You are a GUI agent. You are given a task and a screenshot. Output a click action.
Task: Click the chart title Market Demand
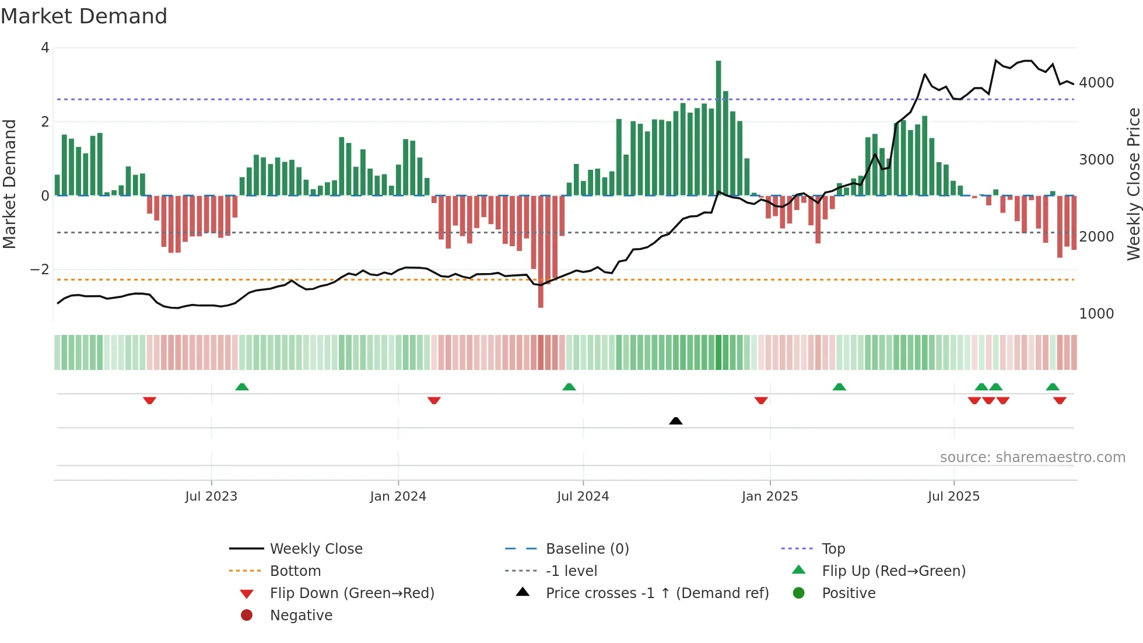[84, 16]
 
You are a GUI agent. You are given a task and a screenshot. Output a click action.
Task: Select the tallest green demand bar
[718, 128]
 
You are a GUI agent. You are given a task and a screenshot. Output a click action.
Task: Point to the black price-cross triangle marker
[675, 421]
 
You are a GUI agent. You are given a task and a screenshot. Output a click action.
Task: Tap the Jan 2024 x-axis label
[398, 497]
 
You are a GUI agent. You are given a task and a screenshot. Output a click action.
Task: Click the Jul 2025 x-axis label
[953, 497]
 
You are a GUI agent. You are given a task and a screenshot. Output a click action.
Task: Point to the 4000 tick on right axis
[1096, 83]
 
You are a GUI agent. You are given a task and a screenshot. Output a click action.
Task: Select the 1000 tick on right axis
[1096, 314]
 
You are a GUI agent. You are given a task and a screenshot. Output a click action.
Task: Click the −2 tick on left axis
[40, 270]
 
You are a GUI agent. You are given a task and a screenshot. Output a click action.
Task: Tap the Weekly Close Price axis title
[1133, 184]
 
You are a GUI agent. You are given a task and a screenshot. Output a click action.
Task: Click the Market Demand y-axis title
[9, 184]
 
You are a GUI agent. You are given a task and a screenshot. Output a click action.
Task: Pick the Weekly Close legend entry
[315, 549]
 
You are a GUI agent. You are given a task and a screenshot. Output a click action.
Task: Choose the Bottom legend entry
[295, 571]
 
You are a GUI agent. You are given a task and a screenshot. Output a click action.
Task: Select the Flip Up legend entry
[893, 571]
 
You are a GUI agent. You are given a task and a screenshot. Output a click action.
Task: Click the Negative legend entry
[301, 616]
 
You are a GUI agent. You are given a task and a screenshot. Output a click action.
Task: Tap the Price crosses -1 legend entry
[657, 593]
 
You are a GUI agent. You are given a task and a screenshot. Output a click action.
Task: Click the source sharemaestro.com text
[1032, 457]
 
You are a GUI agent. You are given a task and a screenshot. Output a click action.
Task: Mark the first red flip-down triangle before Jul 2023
[149, 400]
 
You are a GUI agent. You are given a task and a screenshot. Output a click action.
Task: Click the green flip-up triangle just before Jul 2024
[569, 387]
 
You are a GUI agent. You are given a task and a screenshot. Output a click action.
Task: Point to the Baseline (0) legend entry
[587, 549]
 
